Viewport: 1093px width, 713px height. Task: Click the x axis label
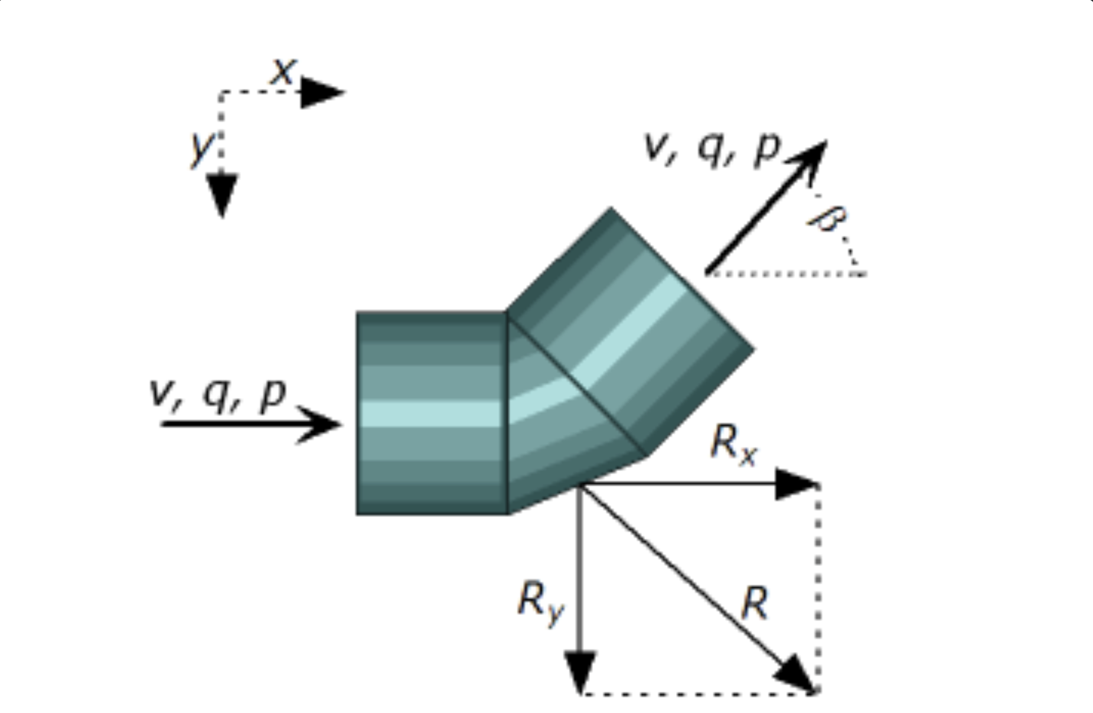tap(283, 72)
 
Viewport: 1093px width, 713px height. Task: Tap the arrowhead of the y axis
tap(222, 194)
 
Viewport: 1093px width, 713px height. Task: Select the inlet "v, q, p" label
tap(217, 393)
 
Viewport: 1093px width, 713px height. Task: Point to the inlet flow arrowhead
tap(321, 424)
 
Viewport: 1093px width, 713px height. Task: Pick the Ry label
tap(540, 601)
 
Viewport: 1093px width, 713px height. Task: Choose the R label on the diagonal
tap(755, 604)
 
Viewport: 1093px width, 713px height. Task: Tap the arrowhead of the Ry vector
tap(581, 672)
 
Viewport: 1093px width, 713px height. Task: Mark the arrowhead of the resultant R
tap(796, 675)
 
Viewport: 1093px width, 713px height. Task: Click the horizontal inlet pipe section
tap(432, 413)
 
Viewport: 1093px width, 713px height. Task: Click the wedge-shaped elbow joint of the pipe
tap(551, 413)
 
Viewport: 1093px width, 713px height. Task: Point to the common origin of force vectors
tap(581, 485)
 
